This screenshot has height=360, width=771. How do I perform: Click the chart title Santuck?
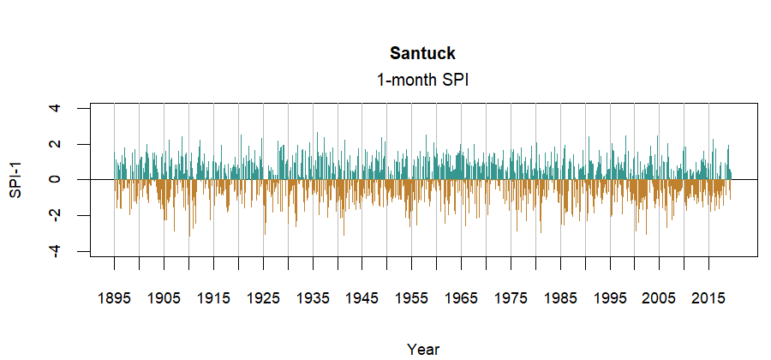(x=422, y=54)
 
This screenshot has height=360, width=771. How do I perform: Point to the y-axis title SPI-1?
(x=15, y=179)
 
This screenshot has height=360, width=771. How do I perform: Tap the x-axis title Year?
(x=423, y=349)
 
